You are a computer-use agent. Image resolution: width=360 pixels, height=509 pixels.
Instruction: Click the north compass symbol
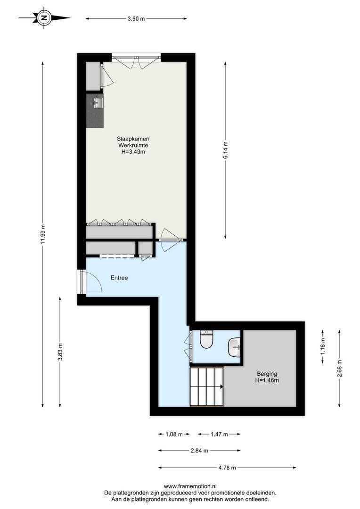point(44,18)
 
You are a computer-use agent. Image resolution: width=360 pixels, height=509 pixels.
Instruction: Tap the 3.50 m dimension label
point(136,19)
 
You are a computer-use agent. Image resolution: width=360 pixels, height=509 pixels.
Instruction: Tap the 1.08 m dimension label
point(174,434)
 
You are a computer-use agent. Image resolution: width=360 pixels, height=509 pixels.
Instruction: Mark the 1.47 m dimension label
point(219,434)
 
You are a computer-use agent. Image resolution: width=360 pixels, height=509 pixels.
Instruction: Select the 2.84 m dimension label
point(199,451)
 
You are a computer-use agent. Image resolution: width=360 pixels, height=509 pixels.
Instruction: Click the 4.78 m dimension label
point(227,468)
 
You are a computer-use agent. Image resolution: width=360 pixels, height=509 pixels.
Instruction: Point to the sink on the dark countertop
point(98,102)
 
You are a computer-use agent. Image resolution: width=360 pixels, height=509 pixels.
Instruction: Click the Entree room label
point(119,278)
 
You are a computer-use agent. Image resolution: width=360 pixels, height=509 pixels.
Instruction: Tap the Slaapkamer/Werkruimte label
point(133,145)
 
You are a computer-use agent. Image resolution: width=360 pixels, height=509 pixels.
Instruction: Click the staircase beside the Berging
point(206,387)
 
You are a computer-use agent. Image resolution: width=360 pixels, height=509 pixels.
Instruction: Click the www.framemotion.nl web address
point(190,486)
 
